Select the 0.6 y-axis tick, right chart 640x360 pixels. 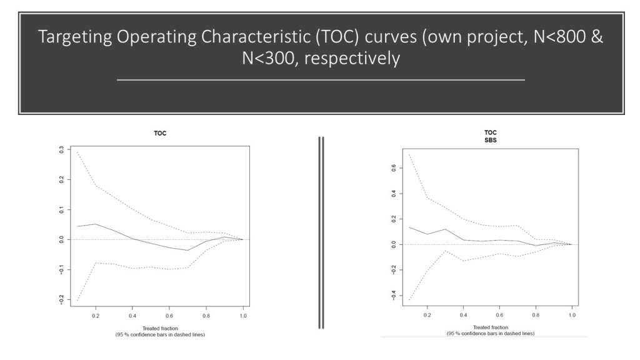pyautogui.click(x=394, y=167)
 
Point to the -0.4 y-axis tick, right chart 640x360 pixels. pyautogui.click(x=394, y=295)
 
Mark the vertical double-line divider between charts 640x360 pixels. pyautogui.click(x=321, y=232)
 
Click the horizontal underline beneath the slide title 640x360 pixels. pyautogui.click(x=321, y=81)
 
